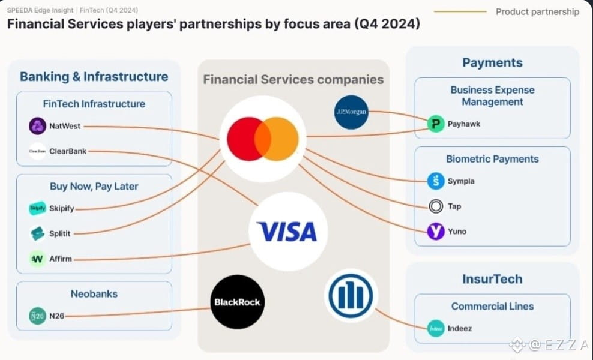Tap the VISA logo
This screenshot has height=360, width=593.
(x=287, y=231)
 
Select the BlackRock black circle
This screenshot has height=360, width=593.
(x=238, y=302)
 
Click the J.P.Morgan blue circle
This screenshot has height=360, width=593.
(x=351, y=112)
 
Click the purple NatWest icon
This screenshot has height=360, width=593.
(x=37, y=126)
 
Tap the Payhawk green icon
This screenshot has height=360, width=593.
(x=436, y=124)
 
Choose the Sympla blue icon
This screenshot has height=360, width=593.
(x=436, y=181)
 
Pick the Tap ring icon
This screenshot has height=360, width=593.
(x=436, y=206)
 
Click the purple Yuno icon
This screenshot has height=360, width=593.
(x=436, y=232)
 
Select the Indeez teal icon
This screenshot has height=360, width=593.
(x=436, y=329)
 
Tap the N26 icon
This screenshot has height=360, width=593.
(x=37, y=316)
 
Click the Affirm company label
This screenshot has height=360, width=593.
(x=61, y=259)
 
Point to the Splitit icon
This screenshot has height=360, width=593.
(x=37, y=233)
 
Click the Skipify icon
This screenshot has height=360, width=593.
(x=37, y=208)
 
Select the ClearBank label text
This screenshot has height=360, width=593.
(x=68, y=151)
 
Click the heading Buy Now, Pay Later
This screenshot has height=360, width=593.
(x=94, y=186)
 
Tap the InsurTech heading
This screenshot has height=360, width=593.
(x=492, y=279)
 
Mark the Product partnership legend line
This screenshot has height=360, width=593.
(x=460, y=11)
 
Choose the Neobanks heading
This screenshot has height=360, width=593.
(x=94, y=294)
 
